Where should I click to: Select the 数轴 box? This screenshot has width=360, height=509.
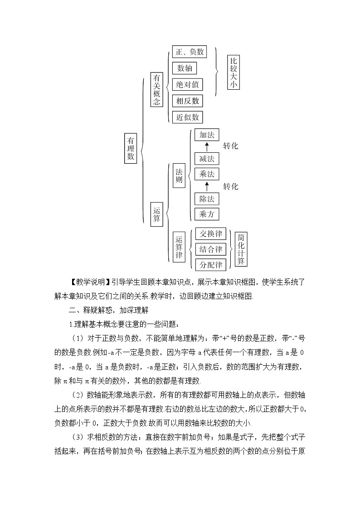(x=184, y=68)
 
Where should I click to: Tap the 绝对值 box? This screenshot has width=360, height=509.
(x=188, y=84)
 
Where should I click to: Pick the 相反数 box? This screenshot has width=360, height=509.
(x=188, y=101)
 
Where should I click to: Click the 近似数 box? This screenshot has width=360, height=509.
(x=188, y=117)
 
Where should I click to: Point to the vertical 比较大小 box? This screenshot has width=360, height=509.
(x=233, y=73)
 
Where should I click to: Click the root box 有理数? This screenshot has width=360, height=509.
(x=131, y=148)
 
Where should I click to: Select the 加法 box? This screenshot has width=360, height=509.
(x=206, y=135)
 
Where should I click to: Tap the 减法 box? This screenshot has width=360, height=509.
(x=206, y=159)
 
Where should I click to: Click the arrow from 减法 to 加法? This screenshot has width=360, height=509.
(x=207, y=146)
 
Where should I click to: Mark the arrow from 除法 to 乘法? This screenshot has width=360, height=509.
(x=207, y=186)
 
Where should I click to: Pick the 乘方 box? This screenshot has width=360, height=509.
(x=206, y=214)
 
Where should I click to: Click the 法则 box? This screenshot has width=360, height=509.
(x=179, y=177)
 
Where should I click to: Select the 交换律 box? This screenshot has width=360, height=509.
(x=211, y=234)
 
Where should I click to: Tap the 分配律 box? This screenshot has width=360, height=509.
(x=211, y=265)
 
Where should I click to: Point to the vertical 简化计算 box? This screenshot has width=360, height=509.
(x=241, y=249)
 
